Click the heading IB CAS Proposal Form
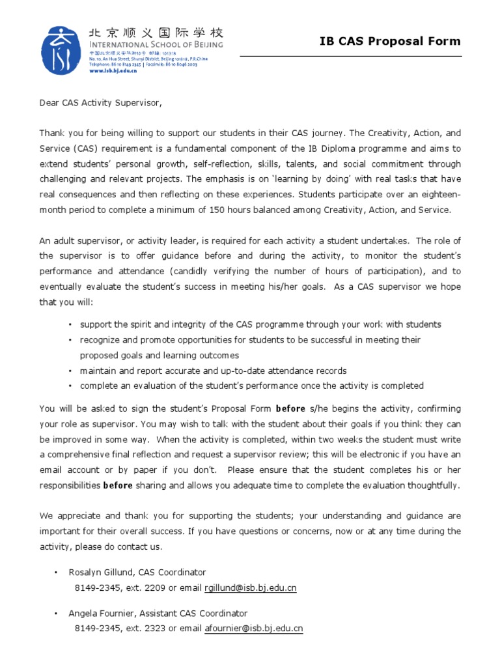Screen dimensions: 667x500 [389, 42]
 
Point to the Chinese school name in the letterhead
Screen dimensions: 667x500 [155, 33]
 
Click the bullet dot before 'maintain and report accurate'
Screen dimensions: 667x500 [70, 371]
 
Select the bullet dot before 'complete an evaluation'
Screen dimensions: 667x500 [70, 386]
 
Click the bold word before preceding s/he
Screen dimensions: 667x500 [290, 409]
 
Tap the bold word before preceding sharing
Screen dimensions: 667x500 [118, 485]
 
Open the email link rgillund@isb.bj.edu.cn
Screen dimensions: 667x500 [251, 588]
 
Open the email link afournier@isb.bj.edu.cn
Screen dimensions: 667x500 [254, 629]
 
